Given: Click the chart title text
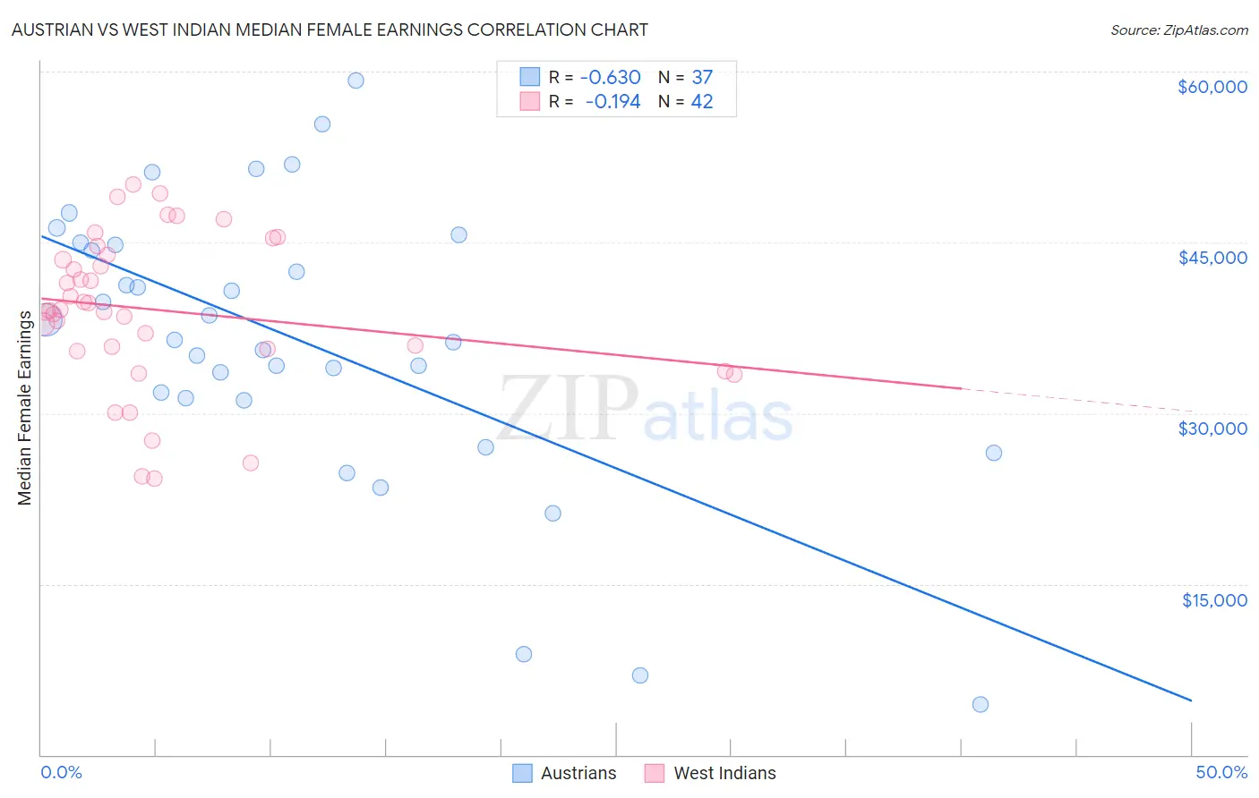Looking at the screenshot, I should coord(330,30).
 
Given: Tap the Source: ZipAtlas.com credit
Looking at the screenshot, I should coord(1178,30).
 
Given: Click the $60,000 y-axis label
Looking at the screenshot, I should coord(1212,87).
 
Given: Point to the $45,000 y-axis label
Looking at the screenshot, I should coord(1212,258).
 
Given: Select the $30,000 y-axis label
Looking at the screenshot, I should coord(1212,429).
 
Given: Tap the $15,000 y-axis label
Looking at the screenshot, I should coord(1214,600).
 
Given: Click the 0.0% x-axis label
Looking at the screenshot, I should coord(61,772).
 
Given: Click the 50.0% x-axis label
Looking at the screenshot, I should coord(1221,772).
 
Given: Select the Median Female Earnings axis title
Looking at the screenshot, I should coord(25,408).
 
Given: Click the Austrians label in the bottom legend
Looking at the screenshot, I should coord(578,773).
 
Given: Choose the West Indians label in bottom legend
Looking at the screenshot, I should coord(724,773).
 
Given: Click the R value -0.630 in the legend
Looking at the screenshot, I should coord(611,77).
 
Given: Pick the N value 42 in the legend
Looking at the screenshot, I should coord(702,102).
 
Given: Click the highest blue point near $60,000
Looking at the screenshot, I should coord(355,81).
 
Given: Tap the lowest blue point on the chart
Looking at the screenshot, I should coord(980,704).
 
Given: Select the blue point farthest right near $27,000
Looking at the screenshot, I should coord(993,453).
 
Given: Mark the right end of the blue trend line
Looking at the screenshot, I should coord(1191,700).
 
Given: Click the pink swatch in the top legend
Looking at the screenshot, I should coord(530,102).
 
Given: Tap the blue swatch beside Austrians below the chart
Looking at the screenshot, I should coord(522,773).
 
